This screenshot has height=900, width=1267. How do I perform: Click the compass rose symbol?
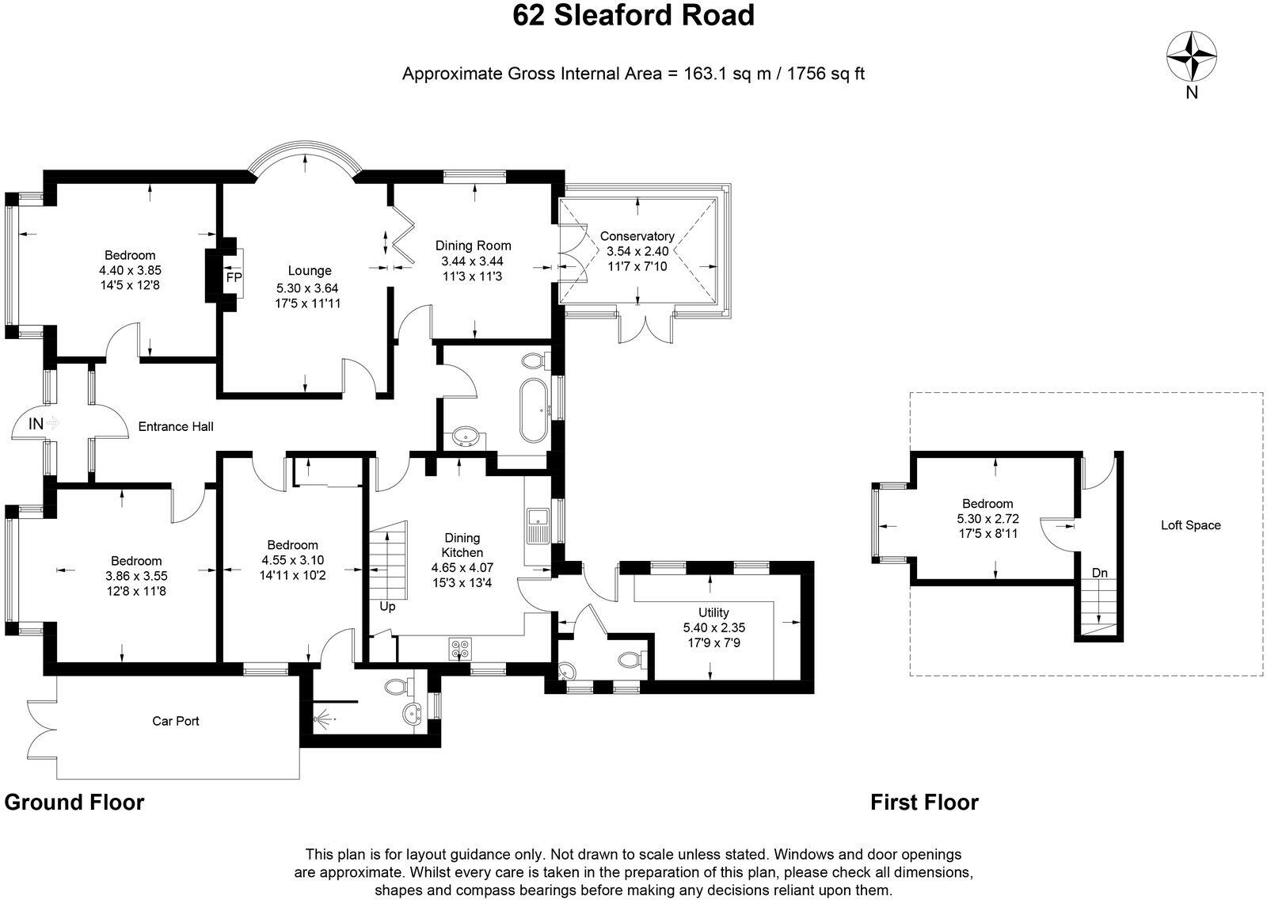[x=1192, y=55]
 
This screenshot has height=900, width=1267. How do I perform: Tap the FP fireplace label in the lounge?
[x=234, y=278]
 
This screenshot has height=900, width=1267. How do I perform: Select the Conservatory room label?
[x=637, y=236]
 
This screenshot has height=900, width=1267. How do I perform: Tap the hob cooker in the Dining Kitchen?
[x=460, y=649]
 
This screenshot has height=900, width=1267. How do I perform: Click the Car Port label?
[x=176, y=721]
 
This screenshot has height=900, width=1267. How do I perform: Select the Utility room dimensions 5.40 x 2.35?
[x=713, y=627]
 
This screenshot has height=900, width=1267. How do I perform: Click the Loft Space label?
[x=1190, y=524]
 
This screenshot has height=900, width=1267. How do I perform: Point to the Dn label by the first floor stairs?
[x=1100, y=572]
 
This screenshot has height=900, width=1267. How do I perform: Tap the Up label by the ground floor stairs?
[x=387, y=607]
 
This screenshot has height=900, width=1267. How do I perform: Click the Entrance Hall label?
[x=176, y=426]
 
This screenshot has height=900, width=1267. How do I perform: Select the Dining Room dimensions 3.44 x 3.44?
[x=473, y=261]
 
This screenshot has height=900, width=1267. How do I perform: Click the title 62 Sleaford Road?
[x=633, y=16]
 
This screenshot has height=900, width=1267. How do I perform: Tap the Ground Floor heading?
[x=74, y=802]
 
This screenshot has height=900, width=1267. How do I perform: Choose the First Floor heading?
[x=924, y=803]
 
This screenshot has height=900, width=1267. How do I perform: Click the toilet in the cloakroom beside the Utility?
[x=631, y=659]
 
